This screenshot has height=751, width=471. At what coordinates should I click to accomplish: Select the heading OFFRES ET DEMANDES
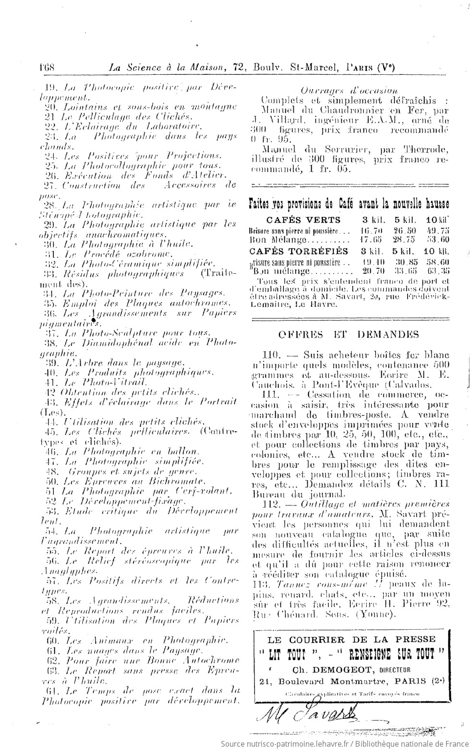coord(349,334)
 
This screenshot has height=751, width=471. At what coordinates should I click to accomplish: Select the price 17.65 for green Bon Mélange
coord(370,239)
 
